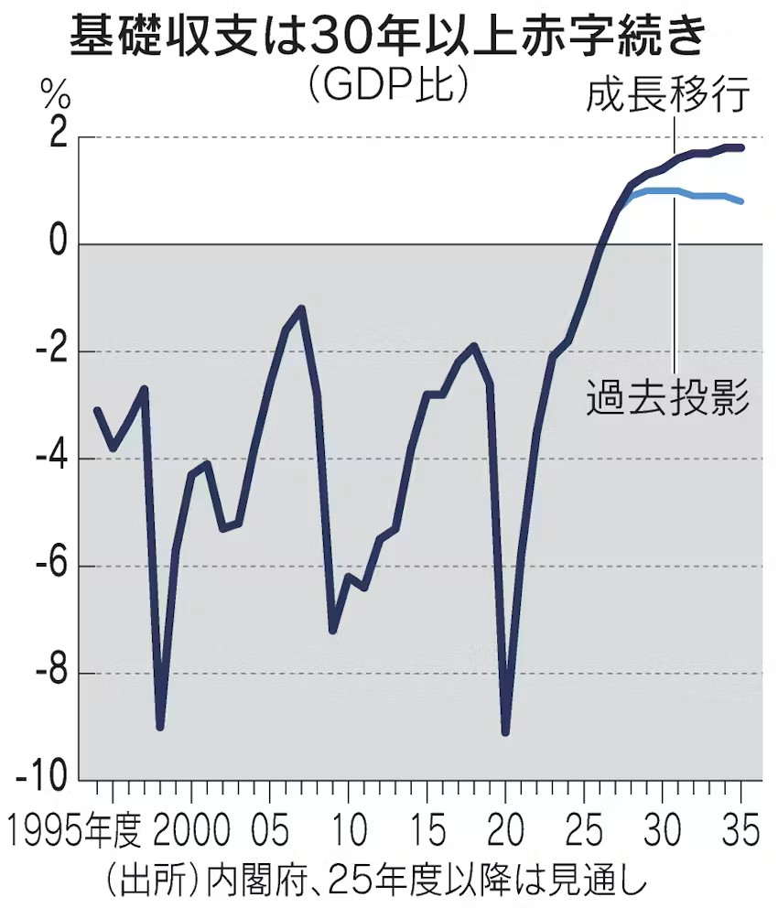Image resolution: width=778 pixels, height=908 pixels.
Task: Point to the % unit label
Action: pos(54,93)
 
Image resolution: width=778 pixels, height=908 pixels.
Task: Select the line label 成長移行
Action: pos(667,94)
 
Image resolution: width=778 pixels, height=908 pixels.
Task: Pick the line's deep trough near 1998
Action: pos(160,727)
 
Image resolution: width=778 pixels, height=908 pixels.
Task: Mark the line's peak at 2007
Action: pos(301,309)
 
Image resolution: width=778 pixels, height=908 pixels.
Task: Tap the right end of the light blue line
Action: pos(740,201)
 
